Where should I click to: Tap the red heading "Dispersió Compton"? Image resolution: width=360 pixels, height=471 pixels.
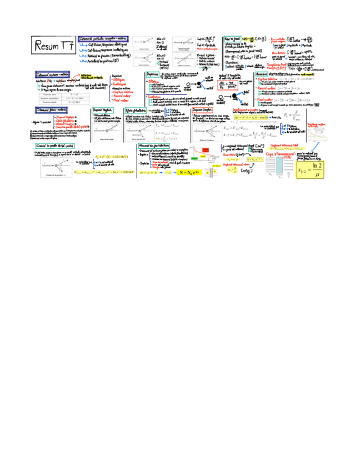click(207, 110)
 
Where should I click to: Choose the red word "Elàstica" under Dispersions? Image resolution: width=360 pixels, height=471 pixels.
click(158, 82)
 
